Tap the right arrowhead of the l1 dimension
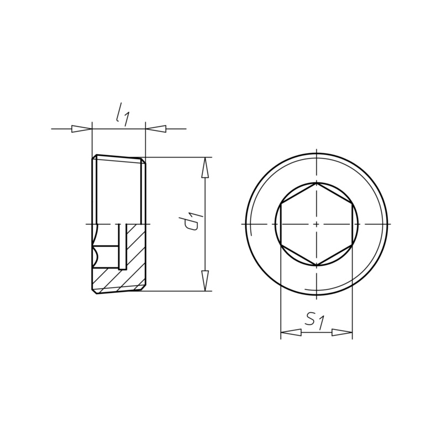[x=156, y=129]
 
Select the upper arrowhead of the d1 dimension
[x=206, y=167]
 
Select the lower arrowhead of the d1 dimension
[x=206, y=280]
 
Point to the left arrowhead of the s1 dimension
[x=291, y=333]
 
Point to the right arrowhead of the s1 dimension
[x=342, y=333]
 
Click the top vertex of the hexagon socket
[x=317, y=183]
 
